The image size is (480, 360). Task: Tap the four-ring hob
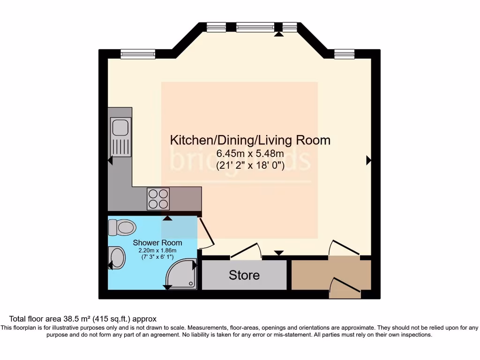tap(158, 198)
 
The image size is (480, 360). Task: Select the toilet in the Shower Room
tap(122, 228)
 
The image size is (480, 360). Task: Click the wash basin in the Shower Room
tap(117, 258)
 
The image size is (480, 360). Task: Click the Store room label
tap(244, 275)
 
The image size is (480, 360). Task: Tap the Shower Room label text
tap(157, 242)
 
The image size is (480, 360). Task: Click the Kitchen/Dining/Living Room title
tap(249, 140)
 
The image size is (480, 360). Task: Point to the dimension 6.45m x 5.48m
tap(250, 153)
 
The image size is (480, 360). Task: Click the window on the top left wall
tap(134, 54)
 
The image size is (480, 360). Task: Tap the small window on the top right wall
tap(344, 54)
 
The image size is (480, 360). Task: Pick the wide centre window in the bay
tap(255, 27)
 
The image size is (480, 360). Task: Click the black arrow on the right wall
tap(368, 160)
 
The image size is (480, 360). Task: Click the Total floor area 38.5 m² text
tap(82, 319)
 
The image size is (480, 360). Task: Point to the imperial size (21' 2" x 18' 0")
tap(250, 165)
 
